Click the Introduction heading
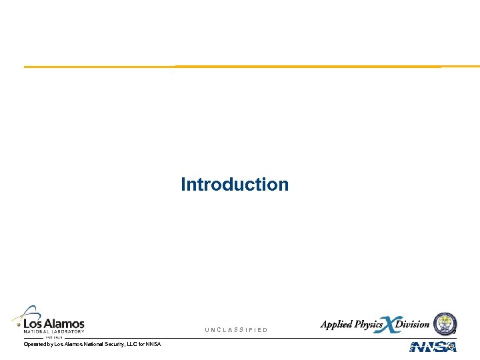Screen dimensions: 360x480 (235, 184)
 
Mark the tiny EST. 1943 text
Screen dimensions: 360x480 (53, 337)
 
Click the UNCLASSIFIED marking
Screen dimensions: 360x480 (236, 330)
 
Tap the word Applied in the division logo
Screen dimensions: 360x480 (337, 325)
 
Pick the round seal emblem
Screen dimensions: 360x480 (445, 323)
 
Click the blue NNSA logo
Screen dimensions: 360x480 (433, 347)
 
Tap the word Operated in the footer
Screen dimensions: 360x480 (35, 344)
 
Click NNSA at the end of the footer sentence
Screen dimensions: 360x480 (153, 344)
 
